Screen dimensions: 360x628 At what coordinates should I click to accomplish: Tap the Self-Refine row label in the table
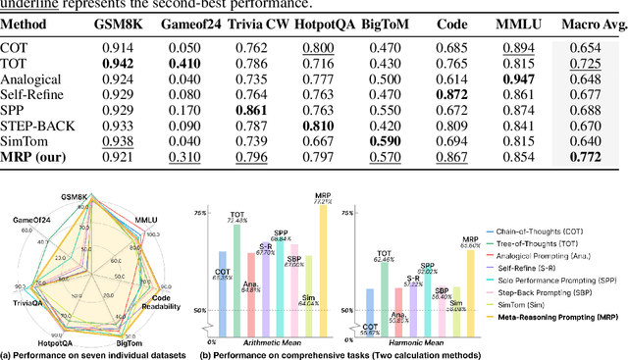[x=33, y=94]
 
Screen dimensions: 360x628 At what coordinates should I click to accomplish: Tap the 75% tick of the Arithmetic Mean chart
[x=199, y=213]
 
